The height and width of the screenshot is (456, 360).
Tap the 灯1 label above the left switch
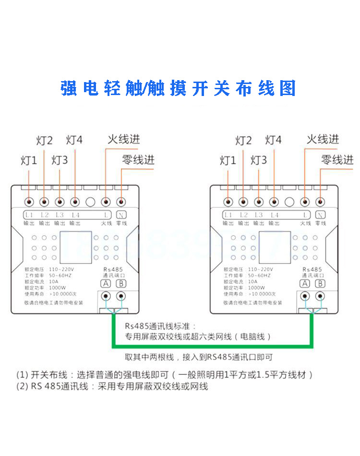coord(29,161)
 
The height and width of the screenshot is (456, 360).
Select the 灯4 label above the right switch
coord(273,140)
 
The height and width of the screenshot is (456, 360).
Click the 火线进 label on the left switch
coord(123,139)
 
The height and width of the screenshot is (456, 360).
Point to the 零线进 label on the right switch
coord(337,160)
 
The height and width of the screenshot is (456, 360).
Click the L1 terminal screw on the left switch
coord(29,202)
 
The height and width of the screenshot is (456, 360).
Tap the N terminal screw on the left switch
coord(121,202)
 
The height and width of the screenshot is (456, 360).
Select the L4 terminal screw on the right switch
coord(274,202)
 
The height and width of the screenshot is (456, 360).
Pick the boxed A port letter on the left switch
coord(105,283)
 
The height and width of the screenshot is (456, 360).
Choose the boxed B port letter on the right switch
coord(320,283)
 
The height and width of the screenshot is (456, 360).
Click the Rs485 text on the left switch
coord(113,270)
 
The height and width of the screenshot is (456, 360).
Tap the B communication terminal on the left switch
coord(121,297)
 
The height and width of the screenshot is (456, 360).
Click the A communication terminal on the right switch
coord(304,297)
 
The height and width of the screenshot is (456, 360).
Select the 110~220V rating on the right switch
coord(260,270)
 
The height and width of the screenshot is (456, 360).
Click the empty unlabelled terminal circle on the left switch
coord(90,202)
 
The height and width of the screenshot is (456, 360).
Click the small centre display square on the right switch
coord(275,245)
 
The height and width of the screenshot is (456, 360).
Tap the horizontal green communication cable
coord(211,346)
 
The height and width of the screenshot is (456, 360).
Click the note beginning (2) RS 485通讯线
coord(112,386)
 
